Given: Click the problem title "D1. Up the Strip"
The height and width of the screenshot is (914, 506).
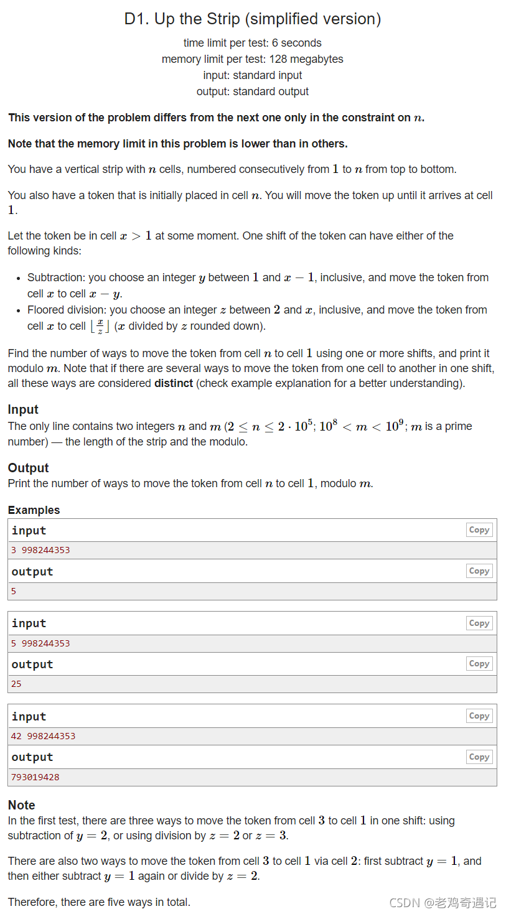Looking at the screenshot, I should click(252, 19).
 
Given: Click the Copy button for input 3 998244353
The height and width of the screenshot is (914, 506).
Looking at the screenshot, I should click(479, 530).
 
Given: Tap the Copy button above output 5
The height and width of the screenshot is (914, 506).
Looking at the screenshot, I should click(479, 571).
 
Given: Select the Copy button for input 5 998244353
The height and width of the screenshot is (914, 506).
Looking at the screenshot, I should click(479, 623).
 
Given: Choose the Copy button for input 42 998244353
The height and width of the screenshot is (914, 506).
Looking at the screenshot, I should click(479, 716).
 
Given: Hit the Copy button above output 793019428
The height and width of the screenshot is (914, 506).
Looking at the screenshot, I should click(479, 757).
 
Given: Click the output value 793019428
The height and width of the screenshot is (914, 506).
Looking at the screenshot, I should click(35, 777).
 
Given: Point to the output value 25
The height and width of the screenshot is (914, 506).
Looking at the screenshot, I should click(16, 684).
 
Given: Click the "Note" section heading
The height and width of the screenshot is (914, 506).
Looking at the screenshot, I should click(21, 805).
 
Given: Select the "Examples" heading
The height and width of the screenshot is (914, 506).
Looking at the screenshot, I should click(34, 510).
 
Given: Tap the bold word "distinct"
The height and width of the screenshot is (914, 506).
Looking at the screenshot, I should click(174, 383).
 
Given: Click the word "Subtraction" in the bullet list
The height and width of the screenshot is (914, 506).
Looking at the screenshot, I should click(55, 277).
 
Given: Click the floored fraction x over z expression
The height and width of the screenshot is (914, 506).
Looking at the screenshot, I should click(100, 327).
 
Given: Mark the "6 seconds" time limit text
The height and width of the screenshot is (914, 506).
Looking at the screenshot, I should click(297, 43).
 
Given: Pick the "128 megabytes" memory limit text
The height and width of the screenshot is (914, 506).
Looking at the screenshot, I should click(306, 59).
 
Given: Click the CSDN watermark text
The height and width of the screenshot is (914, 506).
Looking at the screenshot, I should click(443, 902).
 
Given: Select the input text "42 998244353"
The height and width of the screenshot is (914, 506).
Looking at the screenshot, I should click(43, 736).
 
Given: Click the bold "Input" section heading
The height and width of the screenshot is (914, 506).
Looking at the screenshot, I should click(23, 409).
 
